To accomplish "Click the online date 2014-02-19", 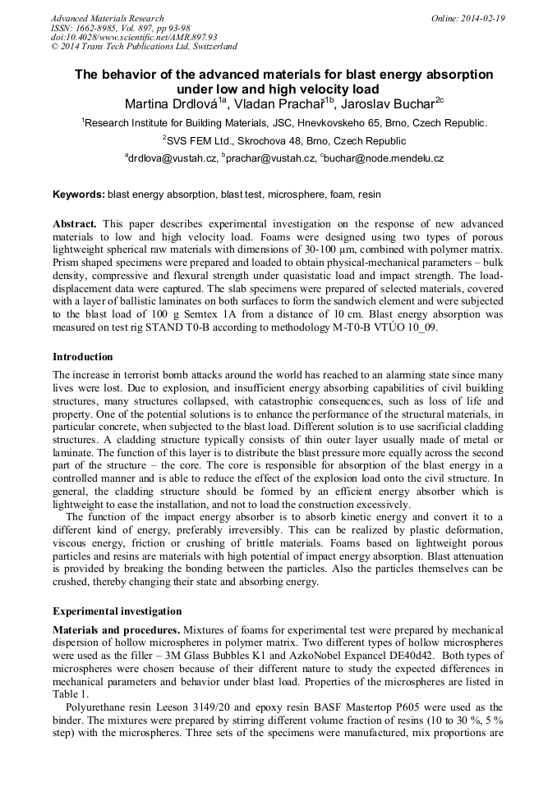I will (484, 18).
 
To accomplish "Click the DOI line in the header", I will (134, 37).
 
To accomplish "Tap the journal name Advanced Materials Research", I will (108, 18).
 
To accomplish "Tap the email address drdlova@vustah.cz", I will (173, 158).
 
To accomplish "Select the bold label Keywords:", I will (79, 195).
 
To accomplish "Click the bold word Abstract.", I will (75, 224).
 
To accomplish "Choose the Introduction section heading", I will (83, 357).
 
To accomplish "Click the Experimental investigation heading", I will (117, 611).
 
